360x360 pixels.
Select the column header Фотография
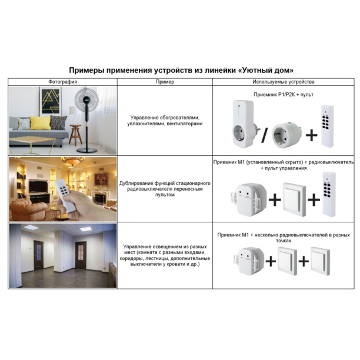(x=63, y=82)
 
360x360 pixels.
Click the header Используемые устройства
(x=284, y=82)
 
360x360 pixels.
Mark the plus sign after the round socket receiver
(x=310, y=135)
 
